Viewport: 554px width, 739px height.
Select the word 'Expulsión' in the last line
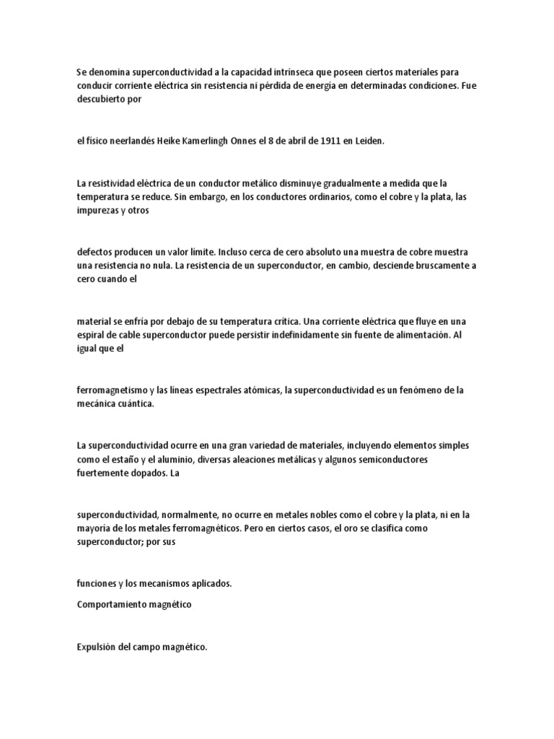pos(97,647)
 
